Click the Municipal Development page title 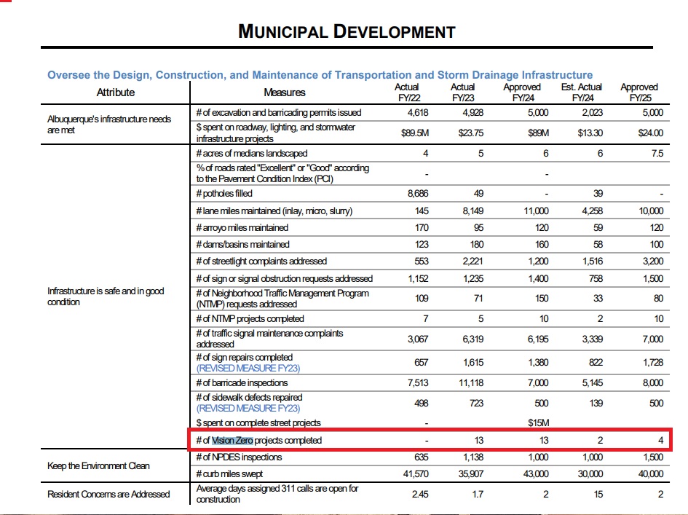pos(347,31)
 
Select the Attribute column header pos(116,93)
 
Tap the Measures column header pos(284,93)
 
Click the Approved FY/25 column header pos(638,92)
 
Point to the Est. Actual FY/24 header pos(582,92)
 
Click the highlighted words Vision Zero pos(232,440)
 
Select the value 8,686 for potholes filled pos(417,194)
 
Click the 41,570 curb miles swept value pos(414,473)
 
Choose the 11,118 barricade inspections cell pos(468,382)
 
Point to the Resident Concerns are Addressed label pos(108,494)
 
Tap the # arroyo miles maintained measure pos(242,227)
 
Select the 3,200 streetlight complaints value pos(652,261)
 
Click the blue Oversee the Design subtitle pos(320,75)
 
